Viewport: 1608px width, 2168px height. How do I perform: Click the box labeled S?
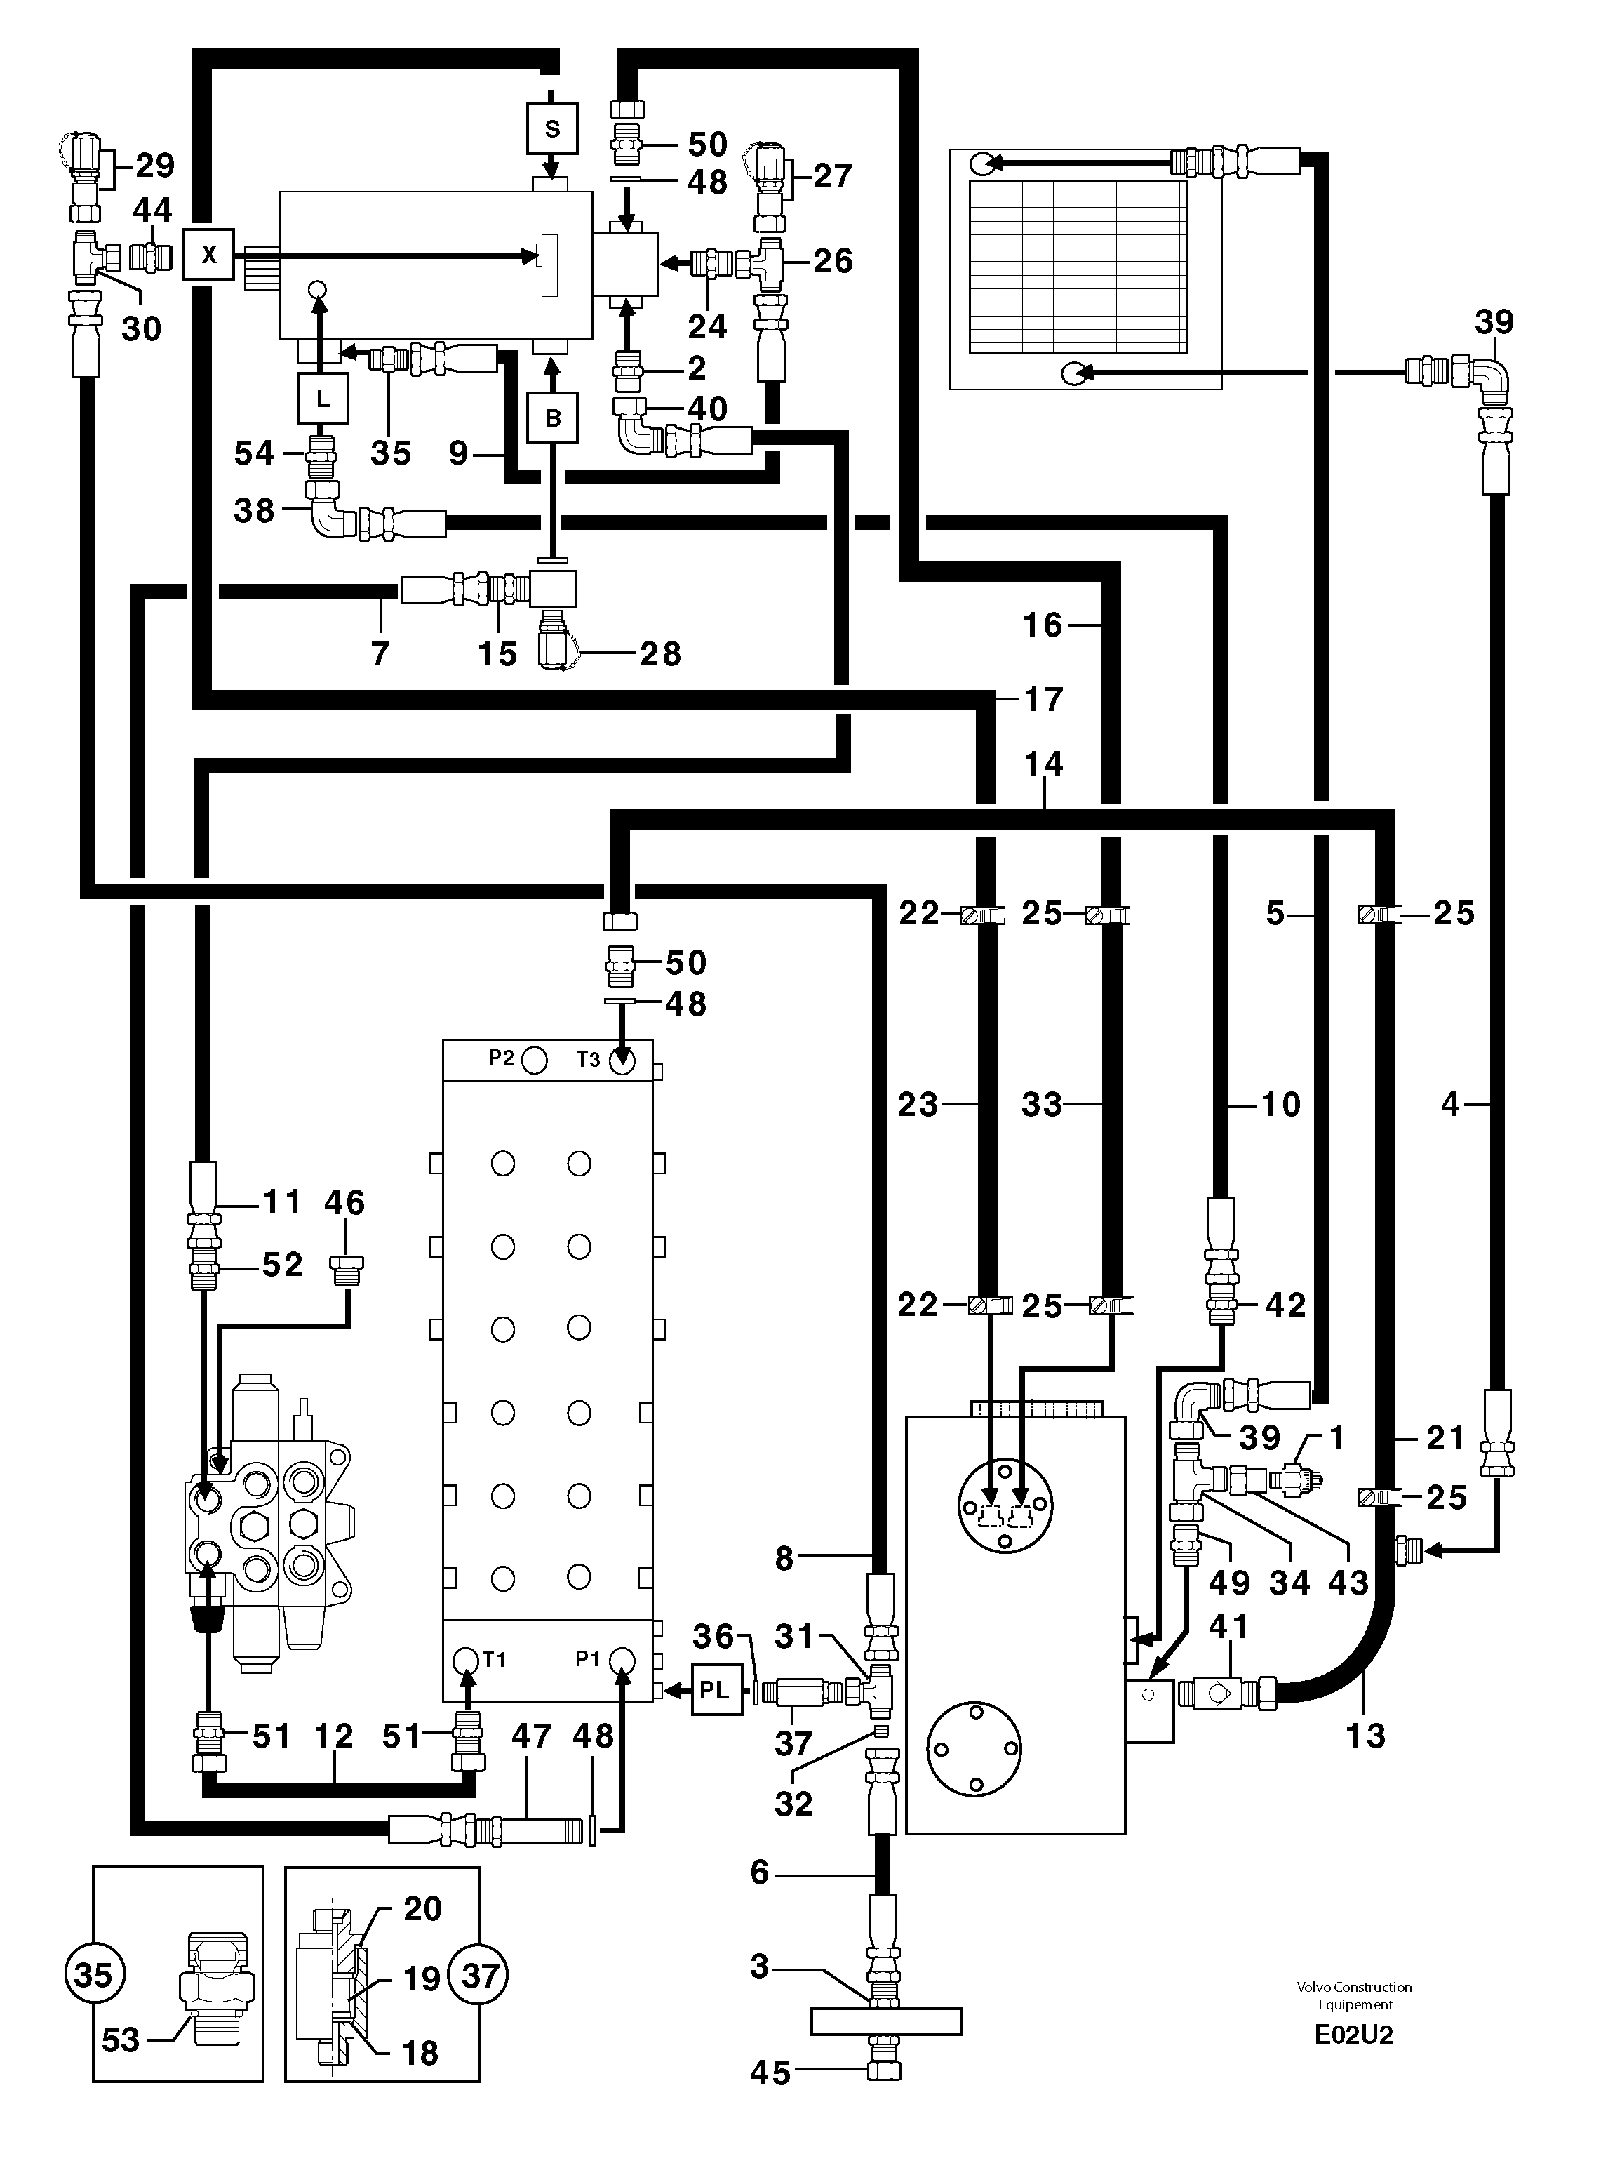pos(552,128)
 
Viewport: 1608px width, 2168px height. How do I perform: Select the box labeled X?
pos(208,255)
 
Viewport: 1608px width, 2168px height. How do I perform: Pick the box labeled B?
pos(553,418)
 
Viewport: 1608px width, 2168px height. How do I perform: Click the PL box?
pos(716,1690)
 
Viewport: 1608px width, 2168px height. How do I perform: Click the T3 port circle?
pos(622,1061)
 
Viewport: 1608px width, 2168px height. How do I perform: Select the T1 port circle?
pos(467,1660)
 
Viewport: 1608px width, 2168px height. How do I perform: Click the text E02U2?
pos(1353,2035)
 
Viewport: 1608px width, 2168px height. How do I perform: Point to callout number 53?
pos(121,2040)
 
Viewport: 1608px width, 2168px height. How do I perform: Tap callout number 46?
pos(344,1202)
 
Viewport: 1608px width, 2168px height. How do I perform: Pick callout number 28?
pos(660,654)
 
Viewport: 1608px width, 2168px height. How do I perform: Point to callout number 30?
pos(141,329)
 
